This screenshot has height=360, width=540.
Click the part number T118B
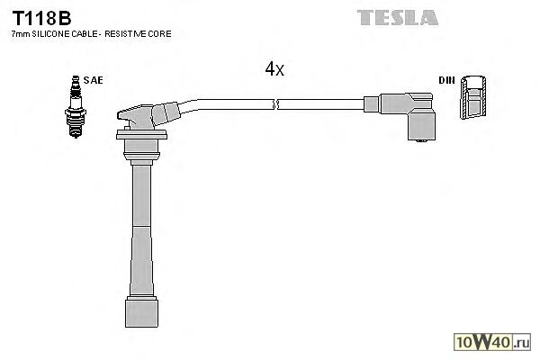pos(41,17)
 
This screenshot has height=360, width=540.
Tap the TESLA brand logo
pos(397,17)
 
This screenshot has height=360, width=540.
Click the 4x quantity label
pos(274,69)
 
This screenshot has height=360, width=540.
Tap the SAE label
pos(93,80)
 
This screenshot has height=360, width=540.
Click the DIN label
pos(445,80)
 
